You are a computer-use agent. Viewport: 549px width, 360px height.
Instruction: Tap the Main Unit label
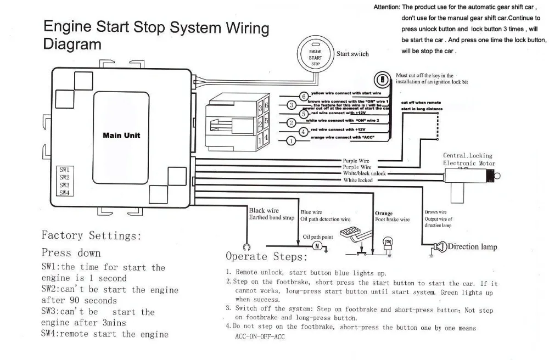(x=121, y=135)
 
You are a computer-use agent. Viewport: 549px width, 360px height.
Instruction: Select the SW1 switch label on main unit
(x=64, y=170)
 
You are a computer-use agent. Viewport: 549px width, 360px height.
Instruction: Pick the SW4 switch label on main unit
(x=64, y=193)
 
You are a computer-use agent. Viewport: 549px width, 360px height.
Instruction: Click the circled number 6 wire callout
(x=304, y=96)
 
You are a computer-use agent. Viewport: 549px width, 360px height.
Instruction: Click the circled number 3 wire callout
(x=292, y=105)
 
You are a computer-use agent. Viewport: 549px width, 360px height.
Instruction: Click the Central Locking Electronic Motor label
(x=468, y=159)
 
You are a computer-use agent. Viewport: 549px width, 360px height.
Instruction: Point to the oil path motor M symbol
(x=316, y=246)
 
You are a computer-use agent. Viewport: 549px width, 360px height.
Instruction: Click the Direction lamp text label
(x=472, y=246)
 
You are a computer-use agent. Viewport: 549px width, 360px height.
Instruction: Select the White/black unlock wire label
(x=365, y=173)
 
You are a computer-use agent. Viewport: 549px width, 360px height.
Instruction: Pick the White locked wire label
(x=358, y=180)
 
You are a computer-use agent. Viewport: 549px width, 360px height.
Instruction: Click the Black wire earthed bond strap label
(x=271, y=214)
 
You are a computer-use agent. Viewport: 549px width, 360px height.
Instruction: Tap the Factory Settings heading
(x=91, y=235)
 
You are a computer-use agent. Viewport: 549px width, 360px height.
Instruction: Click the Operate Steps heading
(x=263, y=256)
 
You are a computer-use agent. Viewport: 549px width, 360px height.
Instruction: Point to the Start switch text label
(x=352, y=54)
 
